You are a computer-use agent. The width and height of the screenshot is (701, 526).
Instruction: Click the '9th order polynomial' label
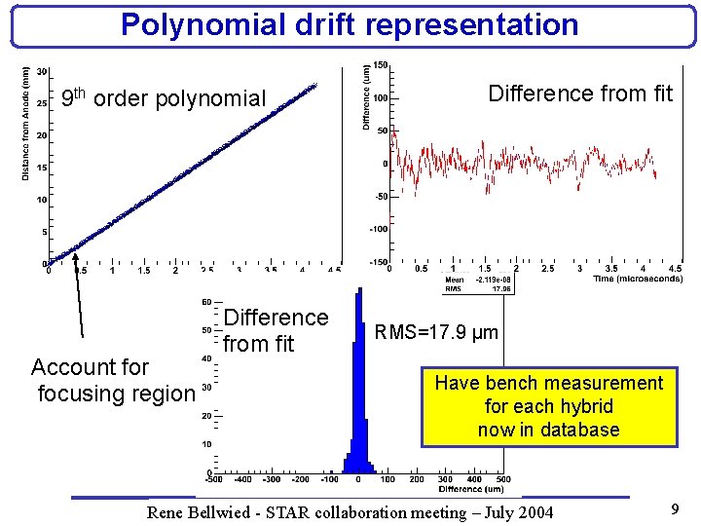coord(163,98)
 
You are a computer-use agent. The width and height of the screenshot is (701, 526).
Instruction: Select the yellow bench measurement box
coord(548,406)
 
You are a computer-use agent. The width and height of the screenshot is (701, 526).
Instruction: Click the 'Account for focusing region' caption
coord(113,381)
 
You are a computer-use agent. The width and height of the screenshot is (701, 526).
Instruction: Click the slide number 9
coord(675,507)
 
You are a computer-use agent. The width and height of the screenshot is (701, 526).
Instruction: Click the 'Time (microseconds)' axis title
coord(638,279)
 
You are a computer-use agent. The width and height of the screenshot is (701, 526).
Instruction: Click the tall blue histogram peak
coord(358,390)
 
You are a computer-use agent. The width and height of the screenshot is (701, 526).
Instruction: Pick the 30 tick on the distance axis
coord(42,72)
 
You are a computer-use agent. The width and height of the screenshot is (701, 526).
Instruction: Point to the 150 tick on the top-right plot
coord(381,64)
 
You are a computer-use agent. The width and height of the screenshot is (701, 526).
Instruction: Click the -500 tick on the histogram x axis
coord(213,479)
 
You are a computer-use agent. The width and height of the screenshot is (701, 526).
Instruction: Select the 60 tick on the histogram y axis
coord(206,302)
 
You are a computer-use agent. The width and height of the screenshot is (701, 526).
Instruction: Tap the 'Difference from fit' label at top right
coord(580,94)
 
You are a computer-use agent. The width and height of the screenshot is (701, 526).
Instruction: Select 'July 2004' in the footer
coord(521,512)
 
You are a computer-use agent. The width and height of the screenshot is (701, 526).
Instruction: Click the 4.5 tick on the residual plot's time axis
coord(675,269)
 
